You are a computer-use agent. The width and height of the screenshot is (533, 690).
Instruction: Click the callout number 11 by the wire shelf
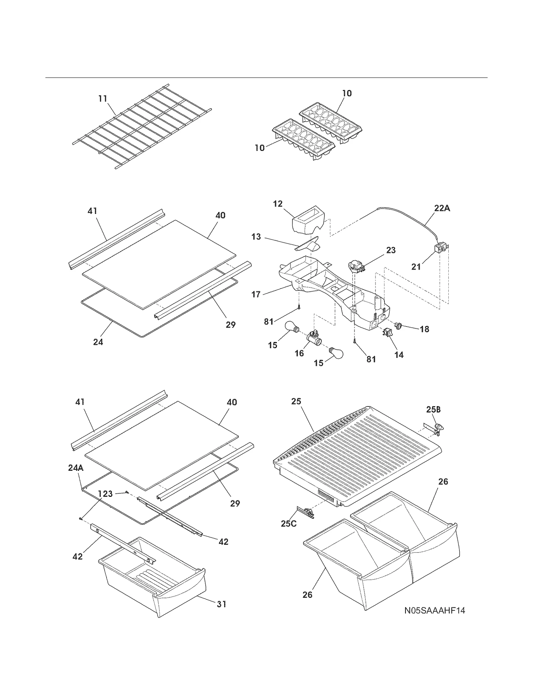point(103,99)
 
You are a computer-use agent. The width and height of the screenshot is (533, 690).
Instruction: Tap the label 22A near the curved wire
point(442,208)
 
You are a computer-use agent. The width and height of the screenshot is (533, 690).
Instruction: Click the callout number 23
point(391,250)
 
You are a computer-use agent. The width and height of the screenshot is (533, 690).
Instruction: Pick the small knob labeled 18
point(399,325)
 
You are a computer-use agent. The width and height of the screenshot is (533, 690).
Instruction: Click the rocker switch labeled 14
point(387,332)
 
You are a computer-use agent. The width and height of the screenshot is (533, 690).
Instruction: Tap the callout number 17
point(256,294)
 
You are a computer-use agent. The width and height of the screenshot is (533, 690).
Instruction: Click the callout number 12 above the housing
point(277,204)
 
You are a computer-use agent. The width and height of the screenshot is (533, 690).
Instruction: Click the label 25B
point(433,409)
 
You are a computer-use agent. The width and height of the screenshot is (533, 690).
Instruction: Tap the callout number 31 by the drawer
point(222,604)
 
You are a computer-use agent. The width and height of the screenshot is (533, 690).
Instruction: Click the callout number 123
point(105,494)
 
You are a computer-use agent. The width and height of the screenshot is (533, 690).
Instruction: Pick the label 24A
point(76,468)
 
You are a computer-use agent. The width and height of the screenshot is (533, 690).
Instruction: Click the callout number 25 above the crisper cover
point(296,401)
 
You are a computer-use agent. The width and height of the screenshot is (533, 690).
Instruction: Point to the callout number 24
point(98,342)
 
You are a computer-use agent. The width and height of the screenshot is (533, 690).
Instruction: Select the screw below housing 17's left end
point(299,308)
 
